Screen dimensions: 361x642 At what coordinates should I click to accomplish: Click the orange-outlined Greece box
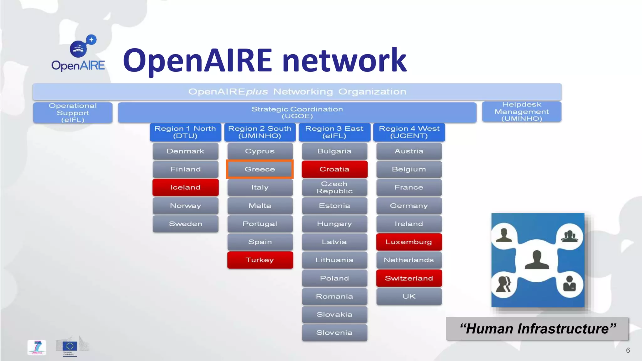(260, 169)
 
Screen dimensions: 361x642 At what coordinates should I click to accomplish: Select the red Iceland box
(185, 187)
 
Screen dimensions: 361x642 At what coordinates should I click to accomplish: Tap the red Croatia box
(334, 169)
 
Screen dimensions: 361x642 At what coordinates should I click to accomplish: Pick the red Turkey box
(260, 260)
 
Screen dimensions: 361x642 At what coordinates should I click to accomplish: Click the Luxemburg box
(409, 242)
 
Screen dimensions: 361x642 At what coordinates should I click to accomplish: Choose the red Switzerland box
(409, 278)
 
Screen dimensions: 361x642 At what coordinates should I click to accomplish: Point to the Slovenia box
(334, 332)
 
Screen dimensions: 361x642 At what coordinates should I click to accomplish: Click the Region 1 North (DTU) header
(185, 132)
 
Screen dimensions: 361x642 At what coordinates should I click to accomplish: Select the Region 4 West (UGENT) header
(409, 132)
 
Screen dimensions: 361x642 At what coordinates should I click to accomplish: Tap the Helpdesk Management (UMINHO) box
(521, 112)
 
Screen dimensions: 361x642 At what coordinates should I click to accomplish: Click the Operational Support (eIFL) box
(73, 112)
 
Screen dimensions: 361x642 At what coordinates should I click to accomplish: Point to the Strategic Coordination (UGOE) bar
(297, 112)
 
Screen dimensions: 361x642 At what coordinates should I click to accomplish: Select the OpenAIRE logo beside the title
(79, 53)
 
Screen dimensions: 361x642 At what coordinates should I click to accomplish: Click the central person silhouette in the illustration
(537, 260)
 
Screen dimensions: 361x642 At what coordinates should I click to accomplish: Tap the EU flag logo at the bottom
(70, 346)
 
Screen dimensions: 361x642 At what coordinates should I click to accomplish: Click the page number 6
(628, 350)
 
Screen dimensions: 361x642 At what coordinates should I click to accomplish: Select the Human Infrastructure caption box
(537, 329)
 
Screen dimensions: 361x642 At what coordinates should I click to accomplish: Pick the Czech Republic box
(334, 187)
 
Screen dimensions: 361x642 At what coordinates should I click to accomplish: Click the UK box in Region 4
(409, 296)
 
